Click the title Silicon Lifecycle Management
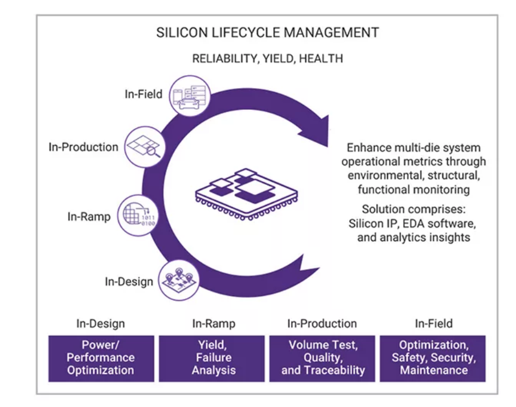(267, 32)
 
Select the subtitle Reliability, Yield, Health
(267, 58)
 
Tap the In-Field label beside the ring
(144, 94)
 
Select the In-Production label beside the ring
(83, 147)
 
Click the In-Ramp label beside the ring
(89, 217)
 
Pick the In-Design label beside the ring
(129, 281)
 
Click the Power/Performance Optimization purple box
(101, 358)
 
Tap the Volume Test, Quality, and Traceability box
(323, 358)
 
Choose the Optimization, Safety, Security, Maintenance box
(434, 358)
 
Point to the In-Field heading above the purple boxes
(434, 324)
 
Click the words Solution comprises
(413, 208)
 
